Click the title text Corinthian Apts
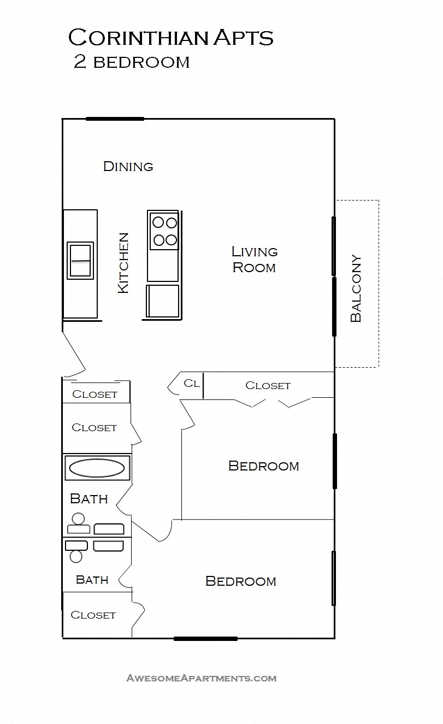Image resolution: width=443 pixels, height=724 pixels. (x=170, y=38)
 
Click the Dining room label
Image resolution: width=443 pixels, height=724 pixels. (x=128, y=166)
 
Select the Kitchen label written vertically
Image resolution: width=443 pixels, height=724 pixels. (x=124, y=263)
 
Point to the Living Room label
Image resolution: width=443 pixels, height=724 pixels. (x=255, y=260)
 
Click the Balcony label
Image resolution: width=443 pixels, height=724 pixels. (x=356, y=288)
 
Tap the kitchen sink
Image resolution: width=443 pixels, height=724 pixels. (x=80, y=261)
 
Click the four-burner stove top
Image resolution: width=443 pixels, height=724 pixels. (x=164, y=231)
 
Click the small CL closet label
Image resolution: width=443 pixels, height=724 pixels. (x=191, y=383)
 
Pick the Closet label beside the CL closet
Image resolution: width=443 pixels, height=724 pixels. (x=268, y=385)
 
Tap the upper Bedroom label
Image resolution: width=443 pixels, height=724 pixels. (x=263, y=466)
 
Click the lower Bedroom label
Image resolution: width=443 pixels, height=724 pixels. (x=240, y=581)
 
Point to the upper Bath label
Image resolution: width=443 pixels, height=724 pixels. (x=89, y=499)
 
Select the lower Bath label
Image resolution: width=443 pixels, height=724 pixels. (x=92, y=580)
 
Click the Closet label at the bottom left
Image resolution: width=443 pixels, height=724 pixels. (x=93, y=615)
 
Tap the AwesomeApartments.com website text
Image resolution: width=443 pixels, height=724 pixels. (x=202, y=678)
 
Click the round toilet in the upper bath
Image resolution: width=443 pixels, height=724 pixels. (x=78, y=519)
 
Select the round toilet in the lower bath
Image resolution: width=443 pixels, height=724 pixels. (x=76, y=556)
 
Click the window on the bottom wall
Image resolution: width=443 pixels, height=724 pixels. (x=205, y=638)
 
